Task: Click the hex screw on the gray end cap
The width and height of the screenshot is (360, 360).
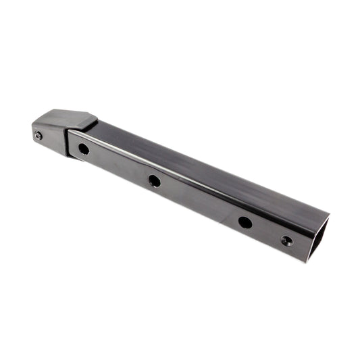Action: (38, 136)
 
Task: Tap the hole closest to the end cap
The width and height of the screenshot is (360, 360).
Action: (83, 149)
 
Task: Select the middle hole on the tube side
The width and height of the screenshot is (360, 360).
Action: (155, 180)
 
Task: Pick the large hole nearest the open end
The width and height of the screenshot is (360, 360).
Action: (245, 222)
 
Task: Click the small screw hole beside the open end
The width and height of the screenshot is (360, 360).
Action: (287, 240)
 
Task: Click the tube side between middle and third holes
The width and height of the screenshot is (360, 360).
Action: (200, 201)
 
